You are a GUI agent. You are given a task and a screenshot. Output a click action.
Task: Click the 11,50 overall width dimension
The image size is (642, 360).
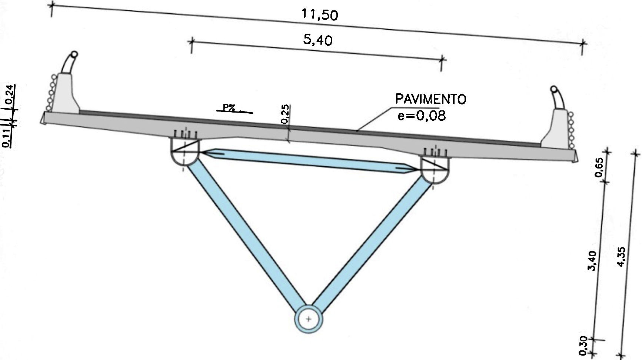coord(320,15)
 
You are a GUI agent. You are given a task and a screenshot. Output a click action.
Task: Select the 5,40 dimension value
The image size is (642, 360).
coord(317,40)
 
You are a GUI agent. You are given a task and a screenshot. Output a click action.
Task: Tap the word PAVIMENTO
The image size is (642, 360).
coord(430,99)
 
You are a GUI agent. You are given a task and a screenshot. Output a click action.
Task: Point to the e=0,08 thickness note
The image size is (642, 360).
coord(422,116)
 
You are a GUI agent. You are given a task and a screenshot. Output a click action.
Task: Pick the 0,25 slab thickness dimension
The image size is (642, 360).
coord(285,114)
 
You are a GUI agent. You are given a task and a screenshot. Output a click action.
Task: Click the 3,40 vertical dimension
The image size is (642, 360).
coord(592,260)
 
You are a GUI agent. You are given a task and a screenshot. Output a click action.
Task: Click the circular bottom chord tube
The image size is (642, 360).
coord(309,319)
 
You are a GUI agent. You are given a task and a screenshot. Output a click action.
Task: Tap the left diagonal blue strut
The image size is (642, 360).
coord(245,233)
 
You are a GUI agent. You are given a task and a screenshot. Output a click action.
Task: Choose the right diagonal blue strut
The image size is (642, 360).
coord(370,241)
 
